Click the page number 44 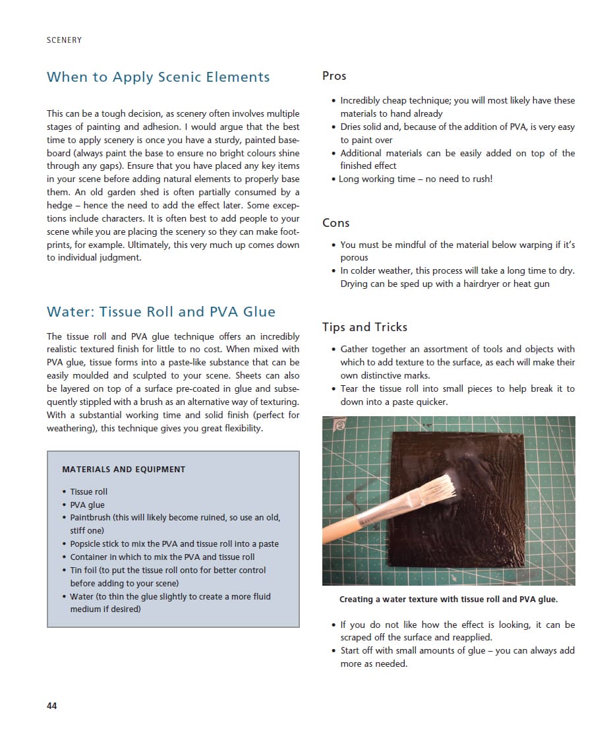point(52,706)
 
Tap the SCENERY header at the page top point(65,40)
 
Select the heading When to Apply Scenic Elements point(158,77)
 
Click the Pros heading point(334,76)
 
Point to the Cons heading point(336,223)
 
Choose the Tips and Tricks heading point(365,327)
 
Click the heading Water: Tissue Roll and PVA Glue point(161,312)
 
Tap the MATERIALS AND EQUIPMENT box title point(123,470)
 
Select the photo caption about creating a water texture point(448,600)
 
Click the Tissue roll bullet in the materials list point(88,491)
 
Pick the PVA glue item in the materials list point(87,505)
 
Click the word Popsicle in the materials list point(86,544)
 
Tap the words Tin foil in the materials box point(83,570)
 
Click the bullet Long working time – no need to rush point(415,179)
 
